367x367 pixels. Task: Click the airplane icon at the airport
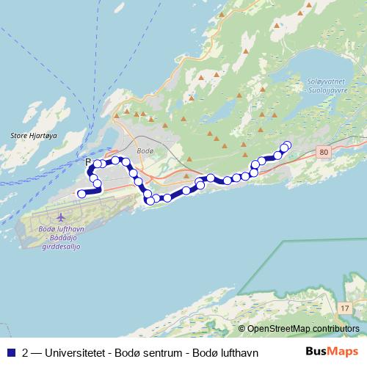(x=59, y=218)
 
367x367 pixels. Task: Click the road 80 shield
(x=325, y=151)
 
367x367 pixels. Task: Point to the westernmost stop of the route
(x=81, y=193)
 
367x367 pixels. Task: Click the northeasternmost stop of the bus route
(x=287, y=145)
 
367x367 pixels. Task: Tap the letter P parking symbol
(x=88, y=162)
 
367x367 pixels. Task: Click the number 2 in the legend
(x=26, y=352)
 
